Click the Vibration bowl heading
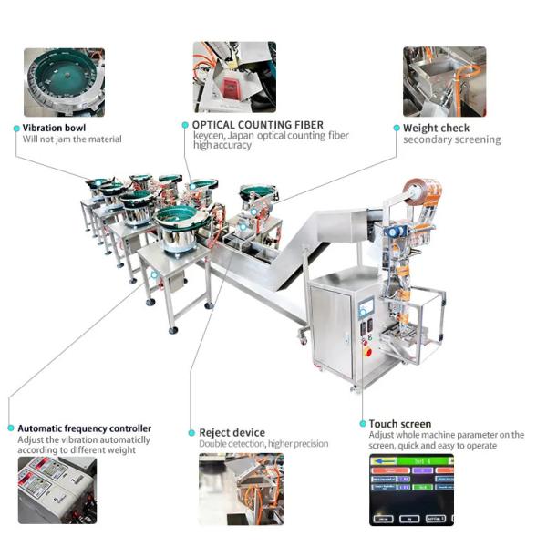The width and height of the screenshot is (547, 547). click(54, 128)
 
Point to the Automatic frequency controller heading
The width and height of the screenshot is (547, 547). click(85, 428)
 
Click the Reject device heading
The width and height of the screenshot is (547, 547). click(232, 432)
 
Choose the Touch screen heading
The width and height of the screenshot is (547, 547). click(400, 424)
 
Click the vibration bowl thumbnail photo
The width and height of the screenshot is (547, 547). click(64, 82)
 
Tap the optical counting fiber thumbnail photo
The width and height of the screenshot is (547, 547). click(234, 77)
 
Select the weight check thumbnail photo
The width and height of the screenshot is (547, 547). click(444, 81)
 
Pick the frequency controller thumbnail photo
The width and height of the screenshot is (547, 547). click(57, 490)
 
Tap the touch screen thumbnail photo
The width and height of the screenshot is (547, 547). click(411, 490)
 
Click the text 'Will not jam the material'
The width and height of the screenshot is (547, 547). click(72, 139)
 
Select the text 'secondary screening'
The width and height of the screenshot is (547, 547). click(451, 140)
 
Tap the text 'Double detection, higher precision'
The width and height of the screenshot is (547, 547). click(263, 444)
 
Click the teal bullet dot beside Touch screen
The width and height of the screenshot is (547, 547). click(363, 424)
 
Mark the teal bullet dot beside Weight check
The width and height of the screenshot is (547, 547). click(397, 129)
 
